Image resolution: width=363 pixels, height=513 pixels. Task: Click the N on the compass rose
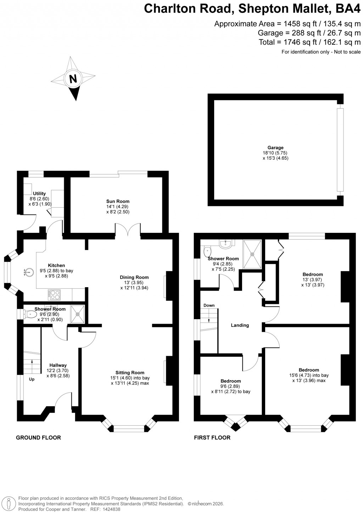coord(73,78)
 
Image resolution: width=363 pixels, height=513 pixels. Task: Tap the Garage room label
coord(275,148)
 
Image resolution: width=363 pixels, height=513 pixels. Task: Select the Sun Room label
coord(118,201)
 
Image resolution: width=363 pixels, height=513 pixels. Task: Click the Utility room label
coord(39,193)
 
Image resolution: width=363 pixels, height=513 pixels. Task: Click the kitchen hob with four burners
coord(54,295)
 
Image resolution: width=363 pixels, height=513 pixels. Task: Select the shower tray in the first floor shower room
coord(252,253)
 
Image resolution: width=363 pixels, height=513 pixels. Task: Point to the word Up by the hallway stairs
coord(32,379)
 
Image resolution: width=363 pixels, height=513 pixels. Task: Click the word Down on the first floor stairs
coord(209,305)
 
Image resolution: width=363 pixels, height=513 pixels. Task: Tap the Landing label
coord(240,325)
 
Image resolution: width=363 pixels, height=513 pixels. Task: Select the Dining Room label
coord(134,277)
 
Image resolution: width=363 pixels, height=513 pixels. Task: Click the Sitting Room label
coord(130,372)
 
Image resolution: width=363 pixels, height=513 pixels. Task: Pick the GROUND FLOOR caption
coord(38,437)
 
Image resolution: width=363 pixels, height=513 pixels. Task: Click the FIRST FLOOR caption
coord(212,437)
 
